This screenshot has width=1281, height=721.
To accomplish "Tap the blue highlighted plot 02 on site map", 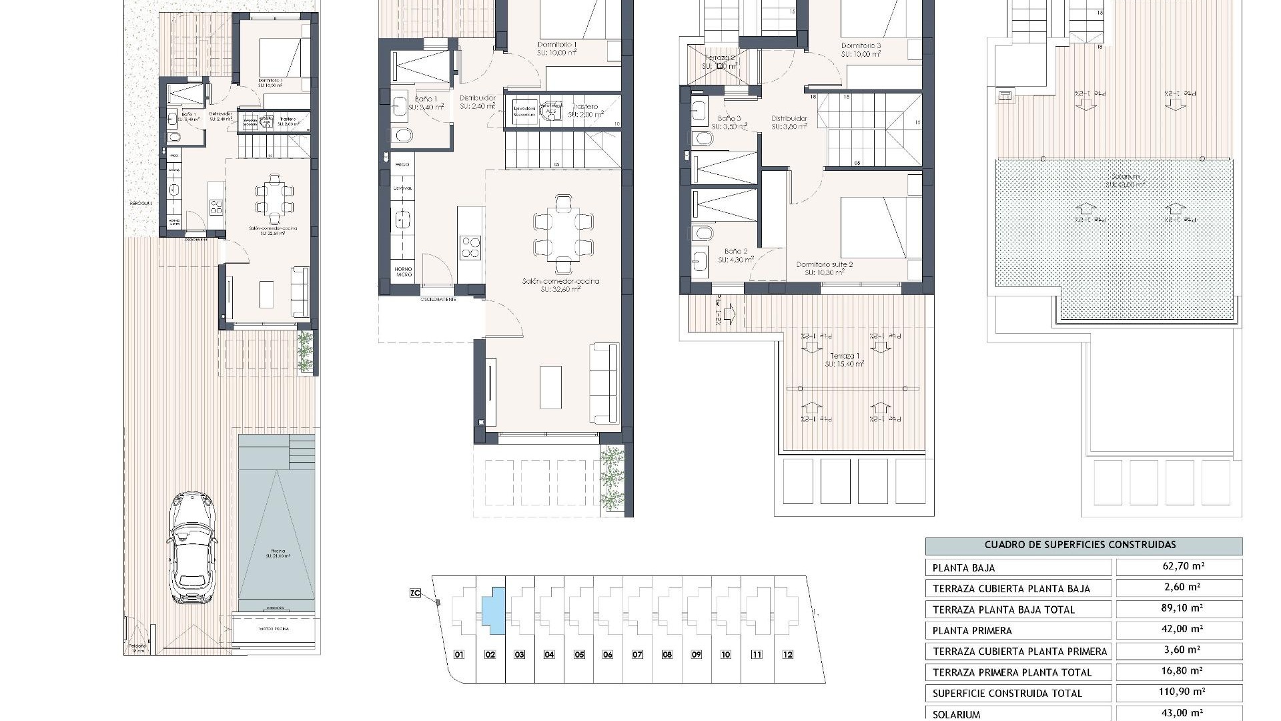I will coord(493,610).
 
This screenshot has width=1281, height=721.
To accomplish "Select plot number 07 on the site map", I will coord(637,655).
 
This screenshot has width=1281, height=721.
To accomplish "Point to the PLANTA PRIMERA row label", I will coord(972,631).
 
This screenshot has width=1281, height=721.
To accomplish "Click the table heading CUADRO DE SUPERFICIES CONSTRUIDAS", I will coord(1084,545).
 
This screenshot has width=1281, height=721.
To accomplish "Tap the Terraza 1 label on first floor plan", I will coord(844,356).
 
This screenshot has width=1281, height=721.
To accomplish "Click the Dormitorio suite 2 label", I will coord(824,264).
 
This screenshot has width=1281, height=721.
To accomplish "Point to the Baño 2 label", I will coord(733,252).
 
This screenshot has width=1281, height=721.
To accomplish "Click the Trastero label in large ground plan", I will coord(585,106).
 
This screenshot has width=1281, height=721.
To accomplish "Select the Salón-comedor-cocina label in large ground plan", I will coord(560,281).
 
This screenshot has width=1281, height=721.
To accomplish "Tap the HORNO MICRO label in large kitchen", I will coord(403,272).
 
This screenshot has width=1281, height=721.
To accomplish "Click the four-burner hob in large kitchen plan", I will coord(471,248).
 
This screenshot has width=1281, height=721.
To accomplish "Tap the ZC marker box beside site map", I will coord(415,592).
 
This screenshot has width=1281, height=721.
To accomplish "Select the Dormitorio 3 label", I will coord(861,45).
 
